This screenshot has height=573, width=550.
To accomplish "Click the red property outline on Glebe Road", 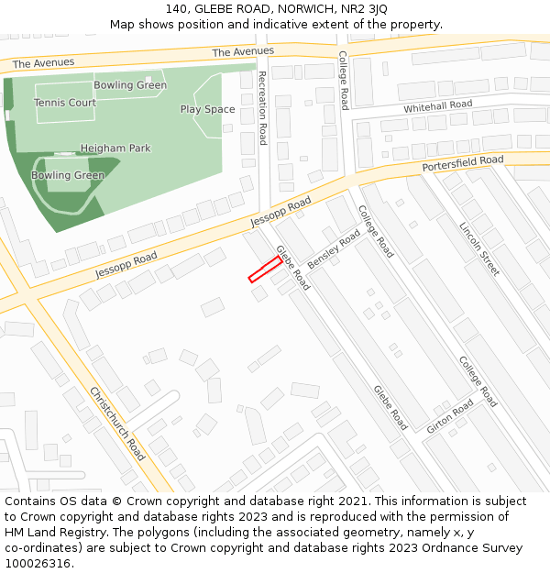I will click(265, 270).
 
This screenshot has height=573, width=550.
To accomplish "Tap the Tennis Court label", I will click(65, 103).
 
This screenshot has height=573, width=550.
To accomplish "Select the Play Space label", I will click(207, 109).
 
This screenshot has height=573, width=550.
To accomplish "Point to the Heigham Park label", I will click(115, 148).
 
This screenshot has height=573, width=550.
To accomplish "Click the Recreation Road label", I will click(262, 107).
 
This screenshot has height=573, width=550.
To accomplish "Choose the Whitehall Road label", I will click(438, 106).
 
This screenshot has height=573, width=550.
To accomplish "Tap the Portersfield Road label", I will click(463, 164).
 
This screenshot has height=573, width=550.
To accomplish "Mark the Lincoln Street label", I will click(479, 248).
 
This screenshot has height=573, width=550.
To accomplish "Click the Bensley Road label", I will click(334, 249).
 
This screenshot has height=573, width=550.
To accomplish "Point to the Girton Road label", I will click(450, 416).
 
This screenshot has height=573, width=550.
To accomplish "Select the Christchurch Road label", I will click(117, 424).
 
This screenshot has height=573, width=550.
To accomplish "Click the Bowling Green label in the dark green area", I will click(68, 175).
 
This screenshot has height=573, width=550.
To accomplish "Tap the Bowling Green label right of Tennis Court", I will click(130, 85).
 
